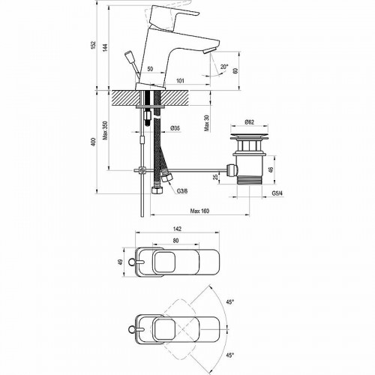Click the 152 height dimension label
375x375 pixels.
click(93, 45)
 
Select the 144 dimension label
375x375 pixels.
click(105, 47)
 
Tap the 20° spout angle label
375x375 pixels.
click(224, 67)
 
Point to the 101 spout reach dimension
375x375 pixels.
click(180, 81)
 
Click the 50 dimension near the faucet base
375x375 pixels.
click(150, 69)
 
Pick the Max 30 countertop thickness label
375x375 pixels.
click(206, 123)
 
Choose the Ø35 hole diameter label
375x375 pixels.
click(175, 128)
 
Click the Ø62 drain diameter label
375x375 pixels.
click(249, 122)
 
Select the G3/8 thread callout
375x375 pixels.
click(182, 191)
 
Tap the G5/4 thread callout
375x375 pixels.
click(277, 193)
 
